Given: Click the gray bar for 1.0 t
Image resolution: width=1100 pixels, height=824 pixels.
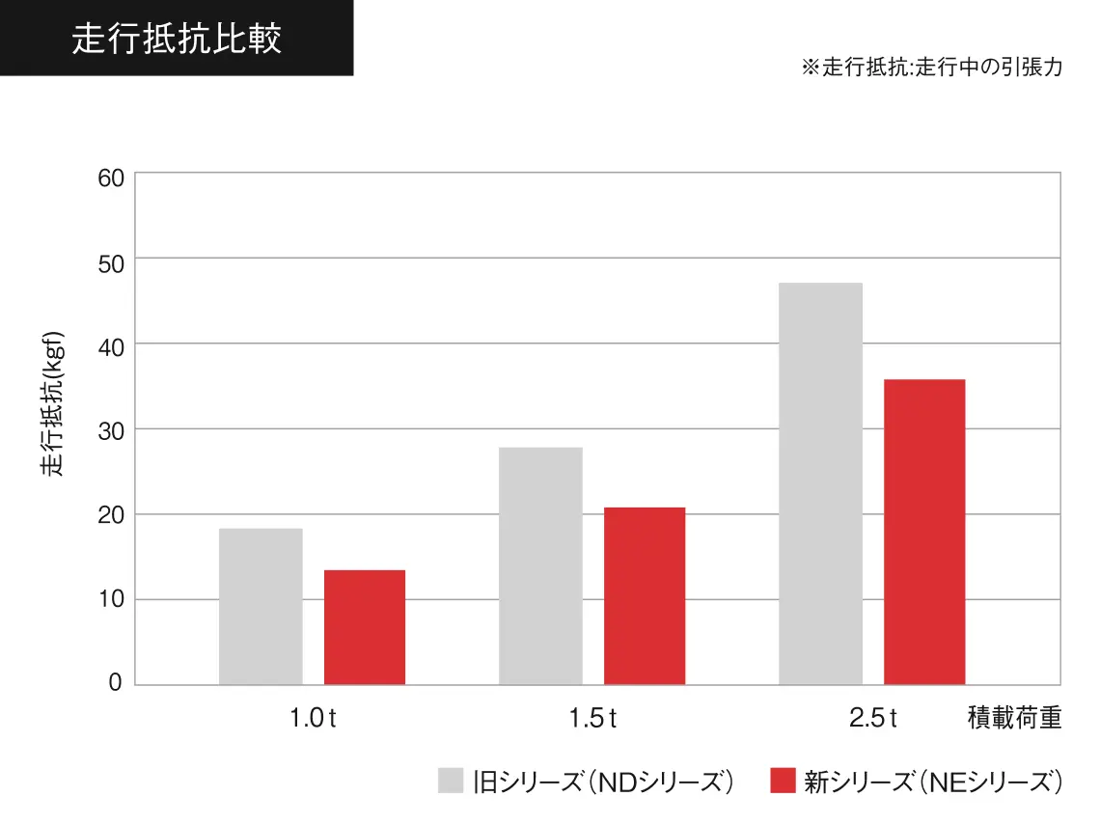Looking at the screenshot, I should [261, 606].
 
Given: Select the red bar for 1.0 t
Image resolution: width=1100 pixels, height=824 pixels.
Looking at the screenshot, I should [365, 627].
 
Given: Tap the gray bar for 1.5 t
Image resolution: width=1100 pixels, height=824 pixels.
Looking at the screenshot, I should [540, 565].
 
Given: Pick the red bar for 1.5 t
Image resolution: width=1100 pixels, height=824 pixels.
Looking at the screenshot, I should [645, 595].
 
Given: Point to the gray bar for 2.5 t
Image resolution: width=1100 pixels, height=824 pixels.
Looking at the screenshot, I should [820, 483].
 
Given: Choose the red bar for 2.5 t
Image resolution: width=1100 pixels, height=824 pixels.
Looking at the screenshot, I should [924, 532].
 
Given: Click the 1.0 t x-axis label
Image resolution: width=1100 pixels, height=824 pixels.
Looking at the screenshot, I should [313, 719].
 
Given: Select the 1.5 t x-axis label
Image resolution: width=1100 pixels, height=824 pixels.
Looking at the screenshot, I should [592, 719].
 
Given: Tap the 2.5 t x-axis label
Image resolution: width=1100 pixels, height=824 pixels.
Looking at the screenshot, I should [873, 719].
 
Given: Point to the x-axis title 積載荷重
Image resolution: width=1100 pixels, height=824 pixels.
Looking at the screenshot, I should [1014, 719].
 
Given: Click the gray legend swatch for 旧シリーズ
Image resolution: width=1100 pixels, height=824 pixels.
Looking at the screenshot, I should [451, 781].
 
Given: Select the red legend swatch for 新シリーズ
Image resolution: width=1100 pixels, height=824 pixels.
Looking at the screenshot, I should [783, 781].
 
